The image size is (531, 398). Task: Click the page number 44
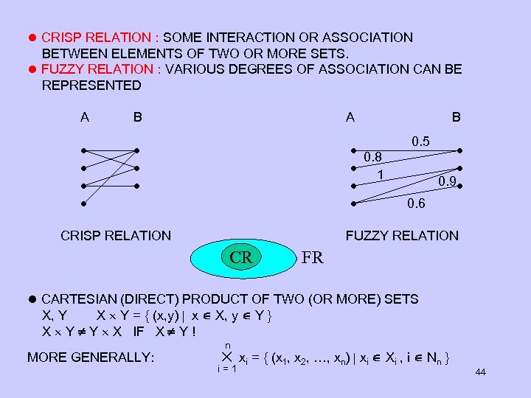[481, 372]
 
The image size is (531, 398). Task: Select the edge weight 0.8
[372, 156]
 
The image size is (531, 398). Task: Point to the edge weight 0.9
[446, 181]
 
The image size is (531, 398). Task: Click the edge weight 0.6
[416, 204]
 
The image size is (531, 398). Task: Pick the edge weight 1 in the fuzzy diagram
[380, 175]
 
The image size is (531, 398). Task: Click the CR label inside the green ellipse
[241, 258]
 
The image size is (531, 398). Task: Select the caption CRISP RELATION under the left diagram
[116, 236]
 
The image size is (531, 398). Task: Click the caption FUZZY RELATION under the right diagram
[402, 236]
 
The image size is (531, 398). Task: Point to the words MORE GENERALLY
[91, 357]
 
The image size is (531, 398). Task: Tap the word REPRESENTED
[91, 85]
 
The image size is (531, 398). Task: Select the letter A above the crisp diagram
[85, 116]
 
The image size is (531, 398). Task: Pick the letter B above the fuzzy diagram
[457, 116]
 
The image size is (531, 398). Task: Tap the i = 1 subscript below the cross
[226, 369]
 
